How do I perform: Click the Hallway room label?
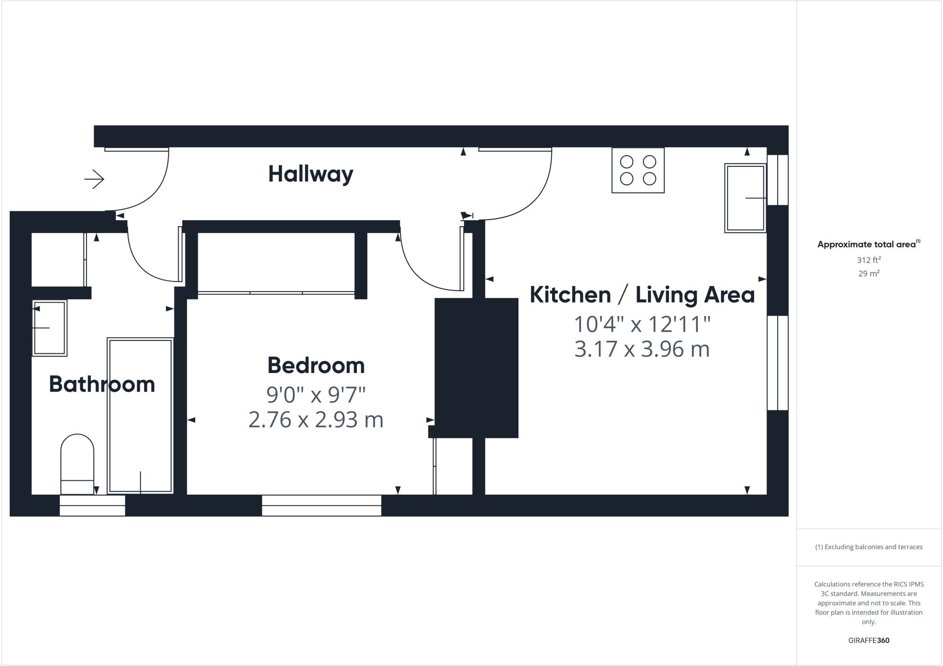click(x=310, y=174)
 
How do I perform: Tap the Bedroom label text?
click(x=316, y=365)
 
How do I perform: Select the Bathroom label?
click(x=102, y=384)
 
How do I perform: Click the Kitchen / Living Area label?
click(x=642, y=295)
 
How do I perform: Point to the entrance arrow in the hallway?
click(x=94, y=179)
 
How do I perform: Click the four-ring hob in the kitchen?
click(x=638, y=170)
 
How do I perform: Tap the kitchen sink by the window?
click(x=745, y=198)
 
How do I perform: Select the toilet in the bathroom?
click(x=77, y=463)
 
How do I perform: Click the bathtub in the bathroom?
click(x=140, y=415)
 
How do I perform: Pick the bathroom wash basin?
click(x=49, y=327)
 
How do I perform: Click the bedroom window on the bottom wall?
click(x=321, y=505)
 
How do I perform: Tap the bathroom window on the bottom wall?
click(x=92, y=505)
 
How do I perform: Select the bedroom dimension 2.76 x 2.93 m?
click(x=316, y=420)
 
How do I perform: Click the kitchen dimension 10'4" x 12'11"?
click(x=642, y=324)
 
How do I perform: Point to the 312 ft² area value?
click(x=868, y=260)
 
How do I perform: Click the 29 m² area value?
click(x=868, y=273)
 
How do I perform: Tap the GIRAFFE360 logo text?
click(x=868, y=640)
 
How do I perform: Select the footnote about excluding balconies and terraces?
click(x=868, y=547)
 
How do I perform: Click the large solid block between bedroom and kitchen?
click(x=477, y=368)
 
